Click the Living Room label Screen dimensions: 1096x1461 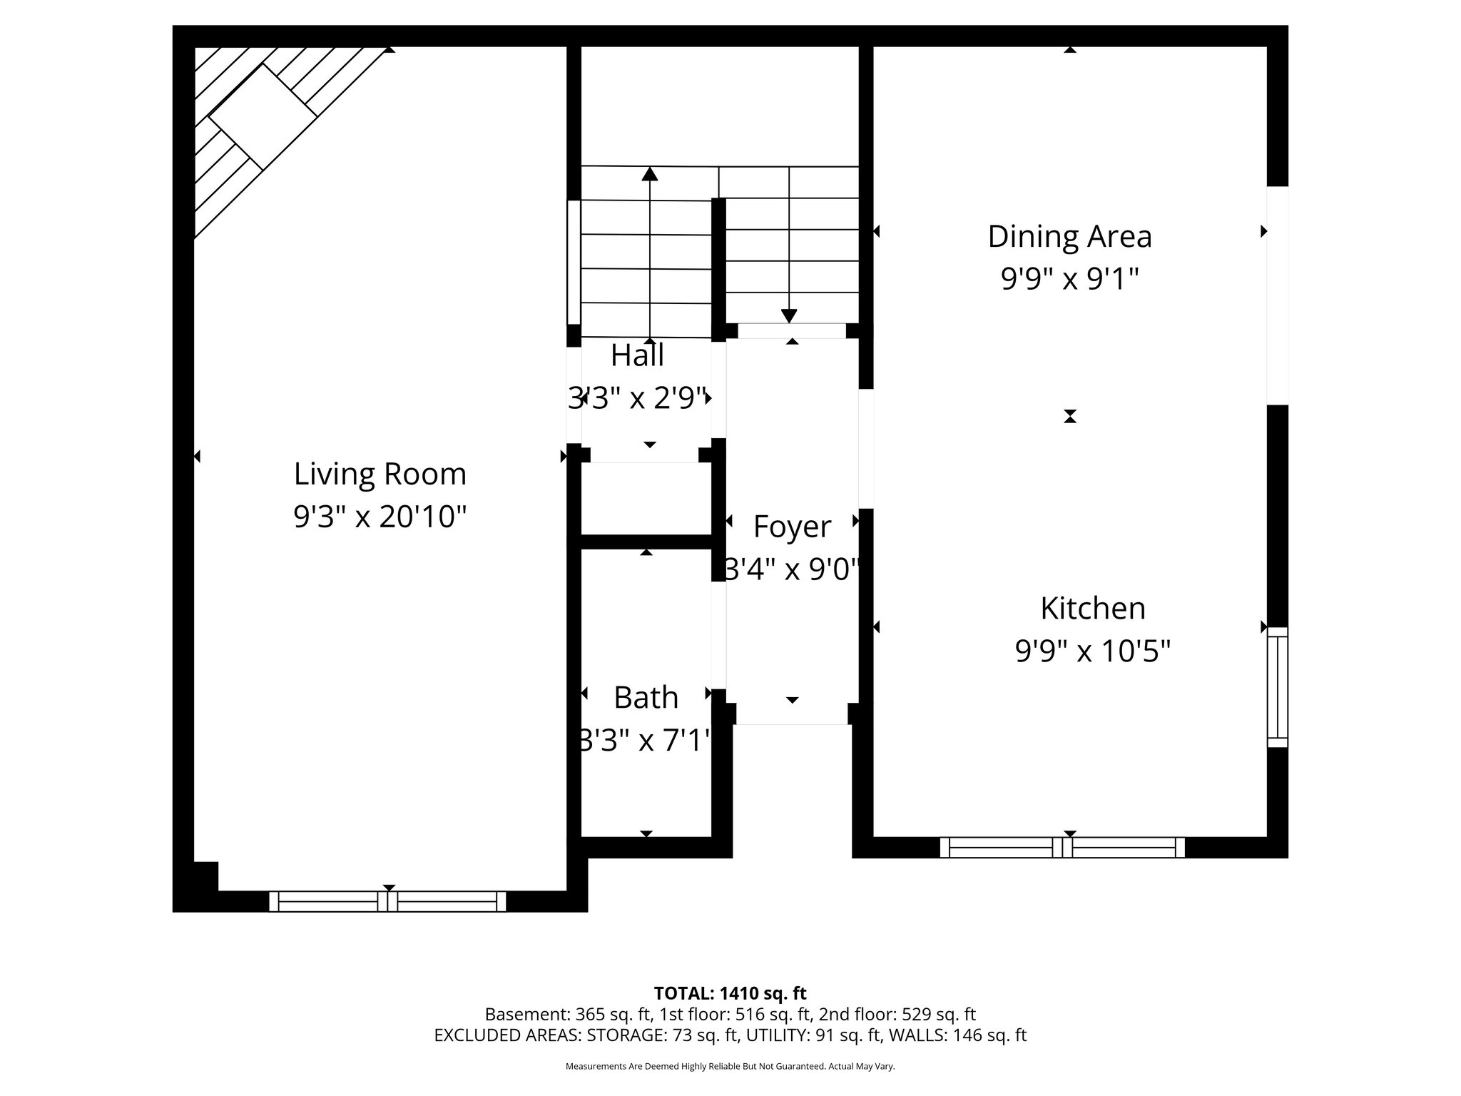tap(380, 475)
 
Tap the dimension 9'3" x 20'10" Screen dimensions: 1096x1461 tap(380, 517)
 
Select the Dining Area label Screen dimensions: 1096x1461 tap(1069, 237)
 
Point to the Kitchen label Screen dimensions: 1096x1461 tap(1092, 609)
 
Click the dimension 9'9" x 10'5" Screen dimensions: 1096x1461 tap(1092, 651)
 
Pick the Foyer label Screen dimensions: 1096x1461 tap(792, 527)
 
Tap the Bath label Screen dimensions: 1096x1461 tap(646, 698)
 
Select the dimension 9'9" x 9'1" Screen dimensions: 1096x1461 tap(1069, 279)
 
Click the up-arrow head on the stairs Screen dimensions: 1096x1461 tap(649, 173)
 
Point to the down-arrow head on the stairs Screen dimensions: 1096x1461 tap(788, 315)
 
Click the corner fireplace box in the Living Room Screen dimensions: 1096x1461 tap(263, 116)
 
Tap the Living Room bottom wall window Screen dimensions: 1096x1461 tap(387, 901)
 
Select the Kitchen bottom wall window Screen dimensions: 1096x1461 tap(1062, 847)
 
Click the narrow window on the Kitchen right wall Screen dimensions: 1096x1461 tap(1277, 687)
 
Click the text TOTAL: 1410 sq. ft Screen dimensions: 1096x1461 tap(730, 993)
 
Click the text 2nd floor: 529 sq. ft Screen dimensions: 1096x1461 tap(897, 1015)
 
